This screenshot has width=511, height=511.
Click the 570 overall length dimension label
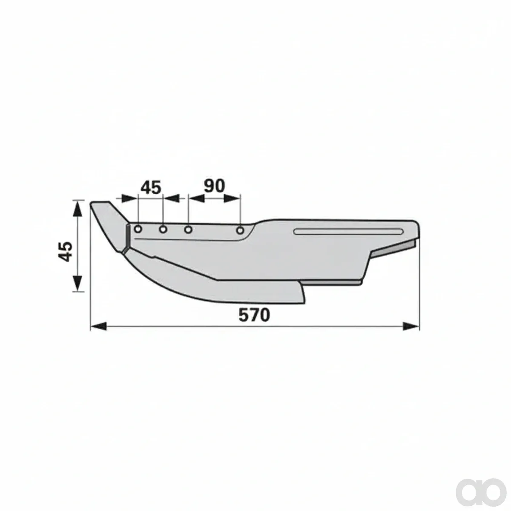coord(254,315)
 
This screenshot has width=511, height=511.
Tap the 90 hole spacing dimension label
coord(214,186)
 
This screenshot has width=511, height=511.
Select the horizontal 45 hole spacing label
coord(151,187)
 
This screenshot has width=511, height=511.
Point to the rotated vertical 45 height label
coord(65,251)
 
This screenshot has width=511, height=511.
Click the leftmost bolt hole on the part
coord(138,230)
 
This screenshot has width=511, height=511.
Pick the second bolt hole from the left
coord(163,230)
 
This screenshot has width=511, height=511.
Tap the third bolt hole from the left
coord(188,230)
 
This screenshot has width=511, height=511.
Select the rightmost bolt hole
coord(240,230)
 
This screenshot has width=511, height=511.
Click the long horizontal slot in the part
coord(348,231)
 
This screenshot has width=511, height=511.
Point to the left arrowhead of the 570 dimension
coord(99,326)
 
